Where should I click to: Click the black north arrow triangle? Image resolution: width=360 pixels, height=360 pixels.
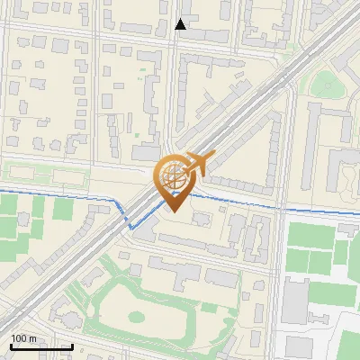coord(181,24)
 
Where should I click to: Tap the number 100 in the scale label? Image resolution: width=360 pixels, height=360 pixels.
coord(20,338)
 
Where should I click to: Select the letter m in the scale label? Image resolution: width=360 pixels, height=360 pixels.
coord(33,338)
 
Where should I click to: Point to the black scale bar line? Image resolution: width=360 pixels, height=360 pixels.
coord(41,346)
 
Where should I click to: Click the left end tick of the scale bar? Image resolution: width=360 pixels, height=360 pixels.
coord(11,345)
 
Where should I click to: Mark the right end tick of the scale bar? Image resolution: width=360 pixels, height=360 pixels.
coord(72,345)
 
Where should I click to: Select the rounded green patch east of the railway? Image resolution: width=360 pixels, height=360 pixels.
coord(322,83)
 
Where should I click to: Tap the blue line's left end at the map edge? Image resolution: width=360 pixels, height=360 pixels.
coord(2,193)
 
